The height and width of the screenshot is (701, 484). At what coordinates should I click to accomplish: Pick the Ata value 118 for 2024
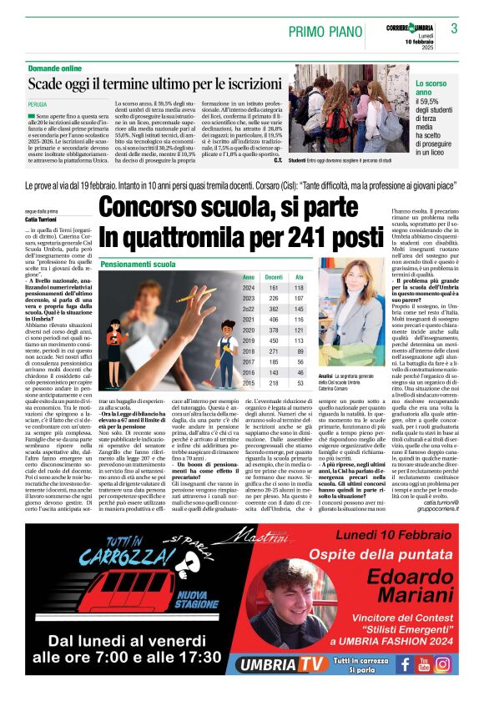click(300, 287)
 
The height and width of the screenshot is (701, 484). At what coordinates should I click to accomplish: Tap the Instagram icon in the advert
click(443, 665)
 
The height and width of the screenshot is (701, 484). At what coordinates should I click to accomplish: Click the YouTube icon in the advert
click(424, 665)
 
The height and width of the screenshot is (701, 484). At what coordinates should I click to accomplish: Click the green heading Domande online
click(56, 67)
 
